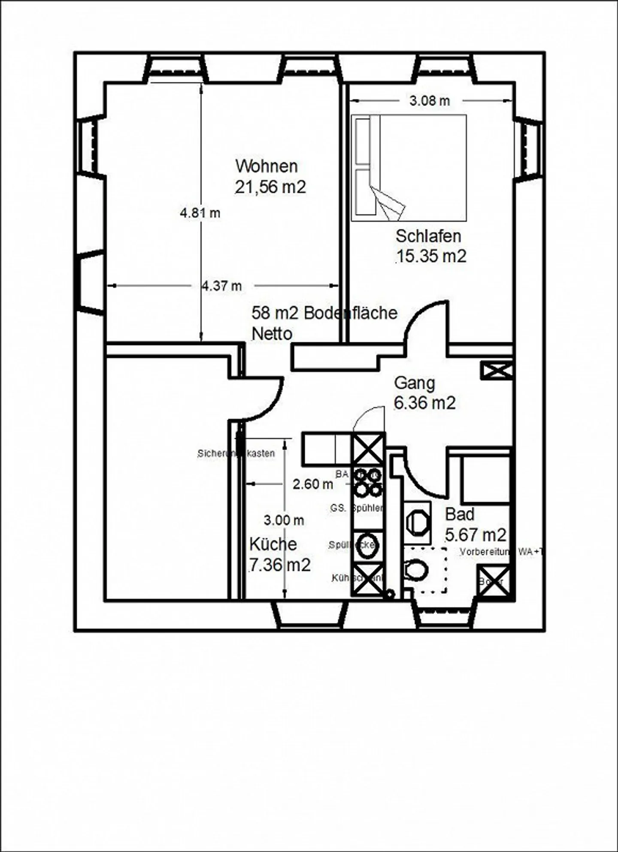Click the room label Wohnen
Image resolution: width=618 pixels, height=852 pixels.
click(x=266, y=166)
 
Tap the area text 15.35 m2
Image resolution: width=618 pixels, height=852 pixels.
click(x=430, y=256)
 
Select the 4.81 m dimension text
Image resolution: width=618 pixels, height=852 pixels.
click(x=200, y=213)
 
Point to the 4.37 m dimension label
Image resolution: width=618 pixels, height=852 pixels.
click(x=222, y=286)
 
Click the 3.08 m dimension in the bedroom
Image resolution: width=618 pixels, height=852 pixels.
click(x=430, y=101)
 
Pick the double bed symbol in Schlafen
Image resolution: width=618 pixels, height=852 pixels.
click(x=409, y=168)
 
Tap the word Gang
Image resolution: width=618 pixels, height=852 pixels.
click(x=414, y=383)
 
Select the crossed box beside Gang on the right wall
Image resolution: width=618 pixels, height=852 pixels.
click(x=496, y=370)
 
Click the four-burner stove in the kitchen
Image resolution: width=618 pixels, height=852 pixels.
click(x=367, y=482)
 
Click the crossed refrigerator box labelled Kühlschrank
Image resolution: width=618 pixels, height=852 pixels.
click(x=367, y=580)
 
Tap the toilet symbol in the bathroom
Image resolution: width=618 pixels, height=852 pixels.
click(x=416, y=571)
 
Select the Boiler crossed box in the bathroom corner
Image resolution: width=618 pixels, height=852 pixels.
click(x=493, y=580)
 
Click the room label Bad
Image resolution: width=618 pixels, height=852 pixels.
click(x=460, y=514)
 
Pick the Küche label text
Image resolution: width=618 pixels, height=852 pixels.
click(x=273, y=544)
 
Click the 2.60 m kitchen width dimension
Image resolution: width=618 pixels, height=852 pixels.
click(x=312, y=484)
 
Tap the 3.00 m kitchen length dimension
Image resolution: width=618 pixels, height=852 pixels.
click(x=284, y=520)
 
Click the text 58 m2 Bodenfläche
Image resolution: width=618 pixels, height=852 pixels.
click(x=324, y=313)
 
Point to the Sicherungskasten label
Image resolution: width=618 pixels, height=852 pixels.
click(x=236, y=453)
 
